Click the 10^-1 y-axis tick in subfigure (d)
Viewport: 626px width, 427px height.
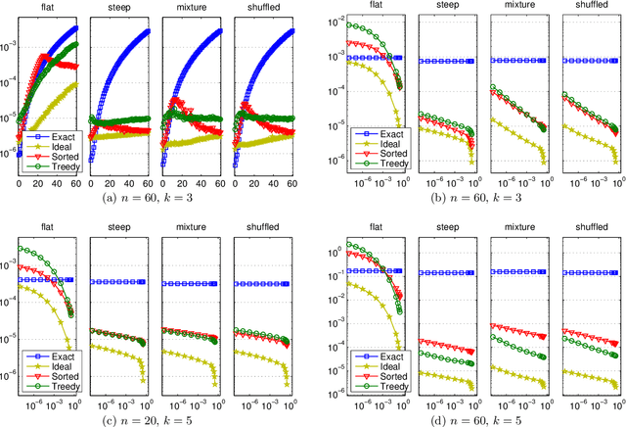330,270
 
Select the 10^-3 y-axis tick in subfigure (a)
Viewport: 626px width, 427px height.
8,46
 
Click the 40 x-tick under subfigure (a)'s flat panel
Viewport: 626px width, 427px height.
58,182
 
